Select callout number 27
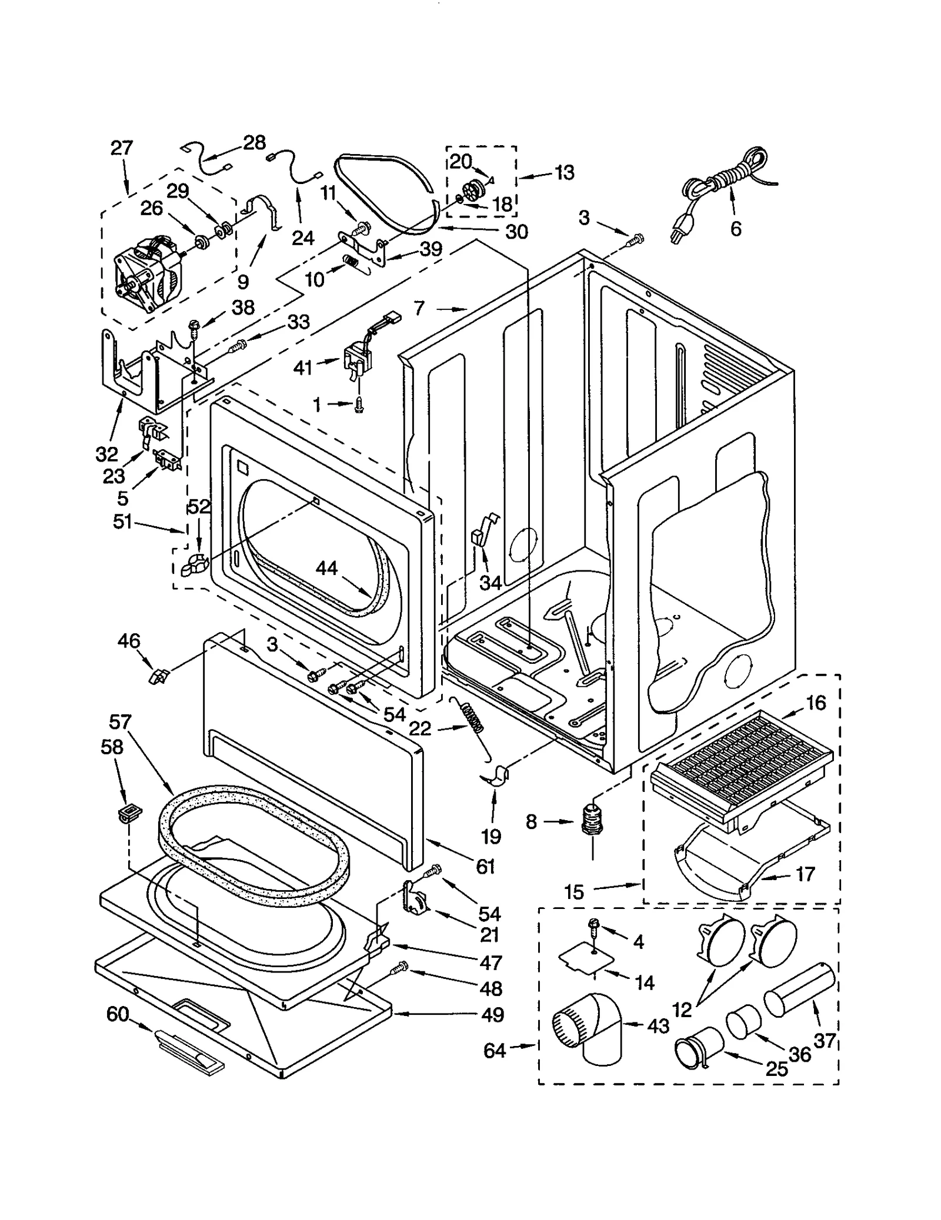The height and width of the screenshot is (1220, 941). click(x=122, y=148)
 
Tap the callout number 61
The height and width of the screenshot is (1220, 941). click(x=485, y=867)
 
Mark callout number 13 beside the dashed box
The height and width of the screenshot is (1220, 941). click(x=564, y=173)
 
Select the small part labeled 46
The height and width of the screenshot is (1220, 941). click(x=158, y=676)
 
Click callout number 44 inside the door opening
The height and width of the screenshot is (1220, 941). click(x=326, y=568)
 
